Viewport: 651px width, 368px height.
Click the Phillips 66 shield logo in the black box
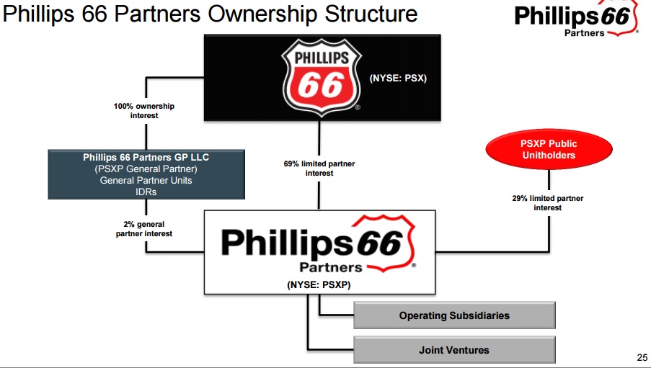[321, 78]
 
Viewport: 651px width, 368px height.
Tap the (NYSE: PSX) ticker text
[398, 78]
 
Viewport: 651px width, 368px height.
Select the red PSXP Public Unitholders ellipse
[549, 149]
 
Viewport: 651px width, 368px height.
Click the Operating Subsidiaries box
[454, 315]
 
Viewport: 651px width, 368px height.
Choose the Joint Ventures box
[454, 350]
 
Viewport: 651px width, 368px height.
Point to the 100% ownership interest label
[144, 111]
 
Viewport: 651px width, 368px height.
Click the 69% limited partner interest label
[319, 169]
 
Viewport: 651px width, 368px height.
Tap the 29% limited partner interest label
[548, 203]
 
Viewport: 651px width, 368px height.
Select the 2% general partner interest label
[144, 228]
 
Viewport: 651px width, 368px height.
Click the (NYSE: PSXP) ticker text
[319, 285]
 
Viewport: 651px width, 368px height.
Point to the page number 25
[642, 357]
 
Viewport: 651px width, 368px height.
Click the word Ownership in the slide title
[263, 14]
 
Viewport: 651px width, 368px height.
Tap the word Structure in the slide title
[371, 14]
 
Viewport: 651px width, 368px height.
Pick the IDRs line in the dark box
[146, 192]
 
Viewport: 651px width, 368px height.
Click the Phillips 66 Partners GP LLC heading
[146, 157]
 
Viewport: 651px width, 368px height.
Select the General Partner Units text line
[146, 181]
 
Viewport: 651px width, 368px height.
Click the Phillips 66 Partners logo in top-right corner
[576, 19]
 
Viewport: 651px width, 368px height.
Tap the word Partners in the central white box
[331, 268]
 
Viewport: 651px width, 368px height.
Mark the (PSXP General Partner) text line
[146, 169]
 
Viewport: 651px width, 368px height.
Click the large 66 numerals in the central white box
[379, 243]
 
